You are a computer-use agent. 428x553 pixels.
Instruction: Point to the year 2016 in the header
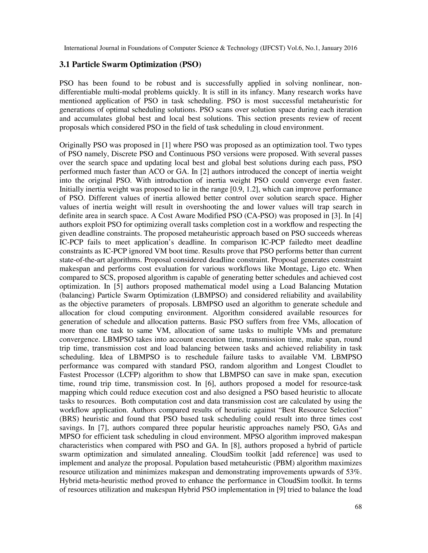pos(350,48)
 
